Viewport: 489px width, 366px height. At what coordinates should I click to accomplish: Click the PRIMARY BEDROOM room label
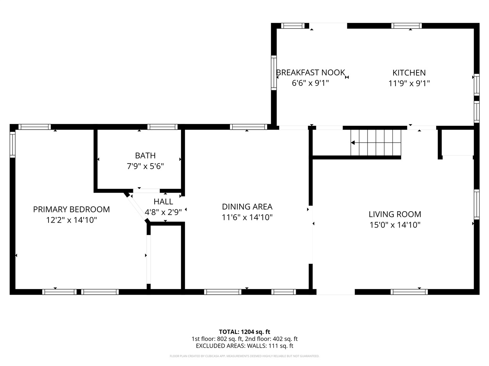[x=71, y=209]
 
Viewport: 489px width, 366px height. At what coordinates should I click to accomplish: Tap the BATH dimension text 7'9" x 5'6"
[x=145, y=166]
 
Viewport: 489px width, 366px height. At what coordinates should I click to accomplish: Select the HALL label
[x=163, y=202]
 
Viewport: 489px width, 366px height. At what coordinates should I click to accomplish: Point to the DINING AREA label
[x=247, y=207]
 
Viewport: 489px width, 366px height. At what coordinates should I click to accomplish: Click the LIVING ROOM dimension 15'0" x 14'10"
[x=395, y=225]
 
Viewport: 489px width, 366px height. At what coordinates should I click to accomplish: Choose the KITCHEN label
[x=409, y=73]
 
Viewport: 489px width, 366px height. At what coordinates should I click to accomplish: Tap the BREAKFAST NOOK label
[x=310, y=72]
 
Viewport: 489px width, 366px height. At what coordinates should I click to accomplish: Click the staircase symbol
[x=376, y=143]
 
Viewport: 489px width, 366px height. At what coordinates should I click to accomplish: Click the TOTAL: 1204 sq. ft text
[x=244, y=332]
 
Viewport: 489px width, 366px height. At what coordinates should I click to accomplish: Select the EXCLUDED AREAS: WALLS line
[x=244, y=346]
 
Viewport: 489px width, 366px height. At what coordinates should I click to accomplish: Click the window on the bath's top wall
[x=162, y=127]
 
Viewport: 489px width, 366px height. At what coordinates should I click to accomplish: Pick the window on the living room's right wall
[x=476, y=204]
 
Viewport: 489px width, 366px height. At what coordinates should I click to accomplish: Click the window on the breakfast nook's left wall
[x=274, y=72]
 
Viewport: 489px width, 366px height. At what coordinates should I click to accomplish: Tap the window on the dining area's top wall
[x=248, y=127]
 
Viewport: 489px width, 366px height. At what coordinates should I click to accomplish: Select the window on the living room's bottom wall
[x=409, y=292]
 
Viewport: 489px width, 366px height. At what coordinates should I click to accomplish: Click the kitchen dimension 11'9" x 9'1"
[x=409, y=83]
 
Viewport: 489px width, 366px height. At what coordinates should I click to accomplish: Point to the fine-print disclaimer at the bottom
[x=244, y=356]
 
